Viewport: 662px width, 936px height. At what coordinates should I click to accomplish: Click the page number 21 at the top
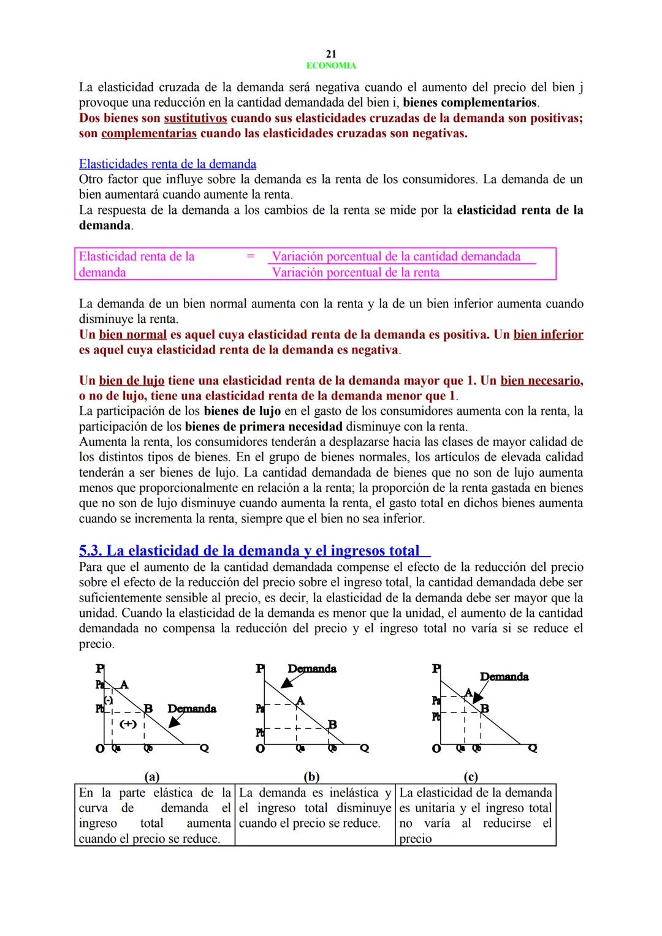pos(331,54)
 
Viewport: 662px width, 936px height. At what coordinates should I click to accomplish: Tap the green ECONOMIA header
pos(331,66)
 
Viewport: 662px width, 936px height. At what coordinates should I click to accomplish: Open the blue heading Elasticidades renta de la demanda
pos(167,164)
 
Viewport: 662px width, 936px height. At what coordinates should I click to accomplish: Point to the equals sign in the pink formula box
pos(250,257)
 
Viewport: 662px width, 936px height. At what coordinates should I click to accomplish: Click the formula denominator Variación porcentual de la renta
pos(356,273)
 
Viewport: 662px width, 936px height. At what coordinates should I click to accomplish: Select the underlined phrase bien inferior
pos(548,334)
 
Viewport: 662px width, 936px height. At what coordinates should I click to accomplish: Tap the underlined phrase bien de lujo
pos(131,380)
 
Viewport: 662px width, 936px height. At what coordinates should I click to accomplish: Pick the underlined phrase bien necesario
pos(541,380)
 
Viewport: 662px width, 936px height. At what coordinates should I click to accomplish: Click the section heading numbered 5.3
pos(249,551)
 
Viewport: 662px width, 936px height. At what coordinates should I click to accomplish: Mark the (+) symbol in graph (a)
pos(127,723)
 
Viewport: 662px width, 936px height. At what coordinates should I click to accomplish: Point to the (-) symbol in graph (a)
pos(108,700)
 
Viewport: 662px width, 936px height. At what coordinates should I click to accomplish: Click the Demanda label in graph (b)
pos(311,669)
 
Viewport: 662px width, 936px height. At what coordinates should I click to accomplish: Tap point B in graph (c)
pos(485,709)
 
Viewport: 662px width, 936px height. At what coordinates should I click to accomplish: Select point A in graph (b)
pos(300,700)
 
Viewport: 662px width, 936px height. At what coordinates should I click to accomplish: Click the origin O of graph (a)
pos(99,749)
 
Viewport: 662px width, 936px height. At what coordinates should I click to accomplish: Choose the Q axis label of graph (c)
pos(532,748)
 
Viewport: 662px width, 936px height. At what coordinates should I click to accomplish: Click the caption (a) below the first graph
pos(151,777)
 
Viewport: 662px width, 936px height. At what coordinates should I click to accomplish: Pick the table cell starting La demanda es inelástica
pos(315,809)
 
